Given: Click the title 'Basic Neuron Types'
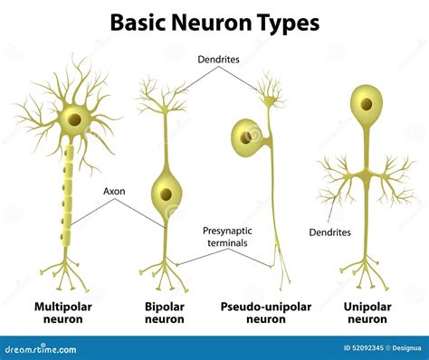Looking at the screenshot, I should point(214,22).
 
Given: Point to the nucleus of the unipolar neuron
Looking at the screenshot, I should point(367,104).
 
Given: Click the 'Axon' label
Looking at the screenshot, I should point(115,192).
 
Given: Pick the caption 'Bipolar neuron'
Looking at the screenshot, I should point(165,314).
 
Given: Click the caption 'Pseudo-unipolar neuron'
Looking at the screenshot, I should point(265,314).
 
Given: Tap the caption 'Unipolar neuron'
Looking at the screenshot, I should point(367,314).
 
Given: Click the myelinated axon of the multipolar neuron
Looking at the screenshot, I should point(69,199).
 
